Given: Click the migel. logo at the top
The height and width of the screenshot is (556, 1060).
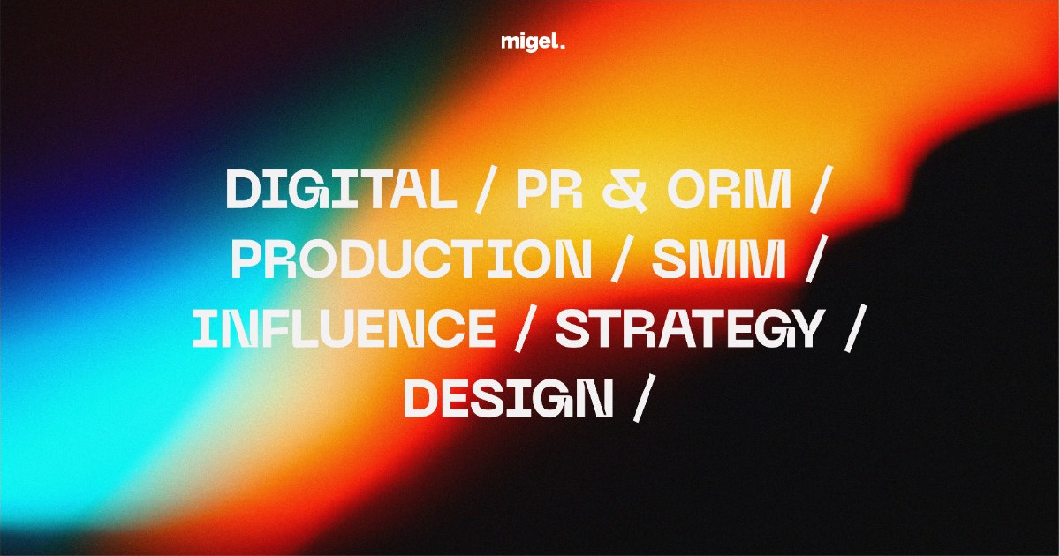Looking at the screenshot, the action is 533,42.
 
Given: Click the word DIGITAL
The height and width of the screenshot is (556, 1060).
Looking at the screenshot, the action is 341,189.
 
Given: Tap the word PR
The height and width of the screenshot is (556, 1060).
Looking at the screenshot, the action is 549,189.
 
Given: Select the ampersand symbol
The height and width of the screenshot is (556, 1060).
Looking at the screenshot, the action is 625,190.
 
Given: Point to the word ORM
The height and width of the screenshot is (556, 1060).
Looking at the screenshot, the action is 730,189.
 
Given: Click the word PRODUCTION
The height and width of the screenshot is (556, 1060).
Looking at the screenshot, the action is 412,259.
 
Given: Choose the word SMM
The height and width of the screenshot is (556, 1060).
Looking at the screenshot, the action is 719,259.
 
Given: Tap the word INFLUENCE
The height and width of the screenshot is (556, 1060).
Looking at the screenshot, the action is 344,328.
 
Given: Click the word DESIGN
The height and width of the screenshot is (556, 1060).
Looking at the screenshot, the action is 509,398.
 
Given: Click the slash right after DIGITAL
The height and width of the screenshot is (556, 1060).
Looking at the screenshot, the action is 487,189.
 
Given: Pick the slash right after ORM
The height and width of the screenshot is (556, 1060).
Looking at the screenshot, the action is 821,189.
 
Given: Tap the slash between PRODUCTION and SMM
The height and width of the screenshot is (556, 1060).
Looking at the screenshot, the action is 622,259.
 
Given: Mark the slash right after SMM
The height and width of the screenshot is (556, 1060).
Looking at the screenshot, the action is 816,259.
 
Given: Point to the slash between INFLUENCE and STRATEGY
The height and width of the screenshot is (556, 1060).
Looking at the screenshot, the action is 526,328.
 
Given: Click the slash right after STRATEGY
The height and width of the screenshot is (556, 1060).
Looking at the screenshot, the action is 856,328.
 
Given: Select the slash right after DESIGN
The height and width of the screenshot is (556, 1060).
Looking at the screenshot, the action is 644,398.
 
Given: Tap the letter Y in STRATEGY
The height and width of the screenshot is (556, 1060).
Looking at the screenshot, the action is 804,328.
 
